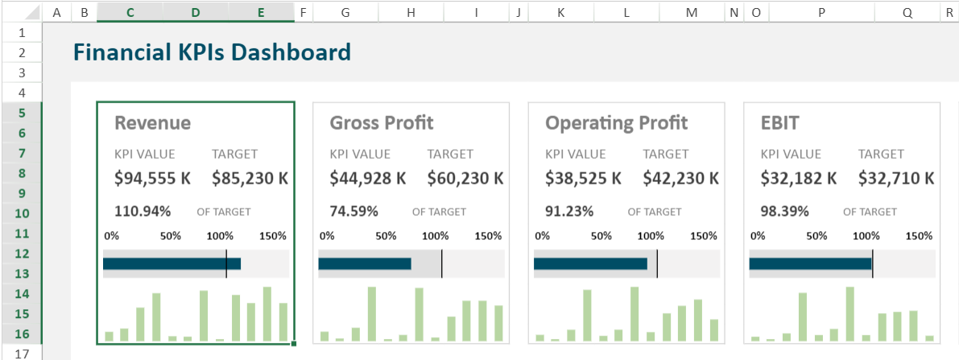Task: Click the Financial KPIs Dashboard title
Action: pos(212,53)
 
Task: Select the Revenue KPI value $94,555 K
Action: pos(152,178)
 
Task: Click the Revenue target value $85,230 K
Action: pos(250,178)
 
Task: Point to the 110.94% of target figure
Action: pos(143,212)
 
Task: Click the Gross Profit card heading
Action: pos(381,122)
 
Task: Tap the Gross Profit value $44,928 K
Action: pos(368,178)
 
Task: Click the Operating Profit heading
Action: pos(616,122)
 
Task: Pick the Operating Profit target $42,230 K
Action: pos(680,178)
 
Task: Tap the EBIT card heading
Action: pos(779,122)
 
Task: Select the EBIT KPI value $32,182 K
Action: pos(799,178)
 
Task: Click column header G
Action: pos(345,13)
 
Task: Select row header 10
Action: pos(22,213)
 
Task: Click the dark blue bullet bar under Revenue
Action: pos(172,263)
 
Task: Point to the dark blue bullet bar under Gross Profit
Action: pos(365,263)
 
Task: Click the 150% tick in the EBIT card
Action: pos(920,236)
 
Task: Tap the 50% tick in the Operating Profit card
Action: pos(601,236)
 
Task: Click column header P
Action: pos(821,13)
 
